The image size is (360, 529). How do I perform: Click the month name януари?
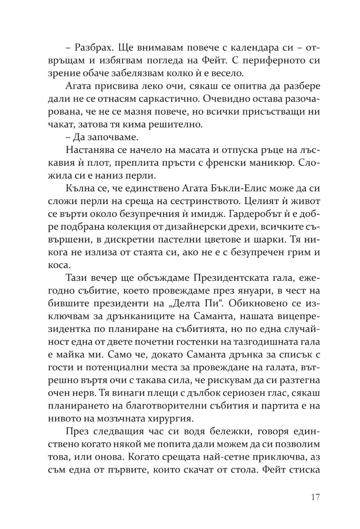pos(239,291)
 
